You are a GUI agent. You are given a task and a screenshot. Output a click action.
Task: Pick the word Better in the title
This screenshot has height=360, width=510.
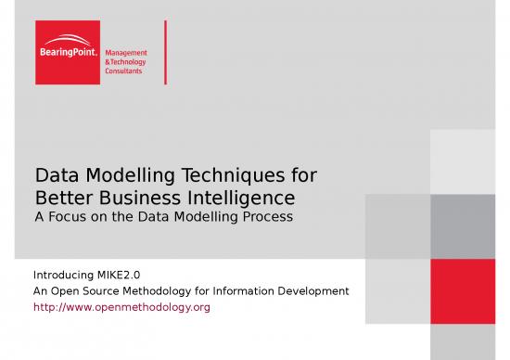[59, 197]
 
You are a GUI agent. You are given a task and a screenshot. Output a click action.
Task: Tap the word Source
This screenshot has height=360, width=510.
[104, 291]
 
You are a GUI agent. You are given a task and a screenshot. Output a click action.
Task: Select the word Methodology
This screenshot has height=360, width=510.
[171, 291]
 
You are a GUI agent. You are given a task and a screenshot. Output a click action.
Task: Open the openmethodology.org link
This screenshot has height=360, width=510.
[121, 306]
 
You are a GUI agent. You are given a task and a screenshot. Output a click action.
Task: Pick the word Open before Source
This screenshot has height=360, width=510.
[66, 291]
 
